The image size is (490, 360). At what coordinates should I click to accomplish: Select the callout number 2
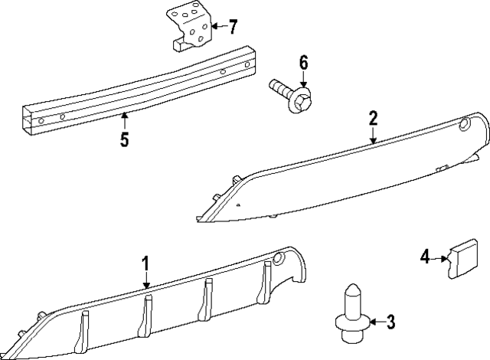(x=373, y=118)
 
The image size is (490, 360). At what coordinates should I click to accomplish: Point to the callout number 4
(x=424, y=257)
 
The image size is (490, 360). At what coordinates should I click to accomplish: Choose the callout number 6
(x=303, y=62)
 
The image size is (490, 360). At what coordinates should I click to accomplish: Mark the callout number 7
(x=232, y=27)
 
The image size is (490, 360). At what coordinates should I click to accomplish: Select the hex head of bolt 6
(x=301, y=100)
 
